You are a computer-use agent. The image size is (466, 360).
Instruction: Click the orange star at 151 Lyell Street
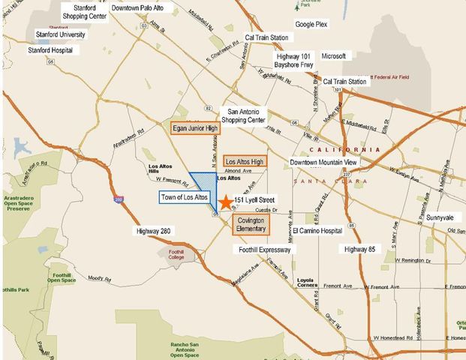(x=225, y=202)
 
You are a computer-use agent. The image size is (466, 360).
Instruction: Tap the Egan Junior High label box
(x=195, y=127)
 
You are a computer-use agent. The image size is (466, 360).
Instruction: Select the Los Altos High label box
(x=245, y=161)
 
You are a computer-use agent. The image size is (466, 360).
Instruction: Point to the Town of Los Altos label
(x=185, y=197)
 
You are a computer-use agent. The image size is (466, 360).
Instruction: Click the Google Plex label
(x=311, y=25)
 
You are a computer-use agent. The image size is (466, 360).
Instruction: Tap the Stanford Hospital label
(x=54, y=50)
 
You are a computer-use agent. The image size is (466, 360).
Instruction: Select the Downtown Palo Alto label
(x=142, y=8)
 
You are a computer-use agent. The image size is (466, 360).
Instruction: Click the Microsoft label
(x=333, y=56)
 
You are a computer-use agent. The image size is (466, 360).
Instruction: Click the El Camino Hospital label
(x=323, y=231)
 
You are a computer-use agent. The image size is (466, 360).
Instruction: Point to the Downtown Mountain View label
(x=324, y=162)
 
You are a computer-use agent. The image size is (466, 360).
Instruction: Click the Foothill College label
(x=175, y=256)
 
